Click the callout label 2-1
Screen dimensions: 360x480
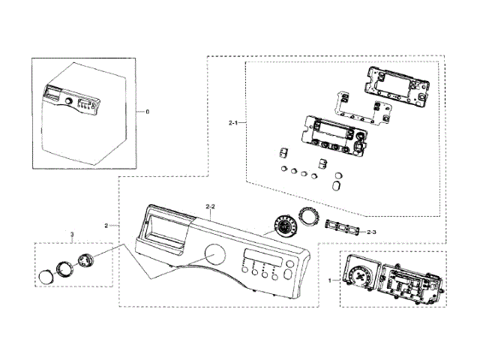pos(233,121)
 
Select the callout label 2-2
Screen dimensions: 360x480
pos(210,205)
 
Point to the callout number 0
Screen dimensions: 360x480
pos(147,111)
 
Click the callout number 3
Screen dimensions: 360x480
pos(72,236)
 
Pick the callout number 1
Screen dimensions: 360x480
pos(330,280)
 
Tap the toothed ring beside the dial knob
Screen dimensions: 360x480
pos(307,218)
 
